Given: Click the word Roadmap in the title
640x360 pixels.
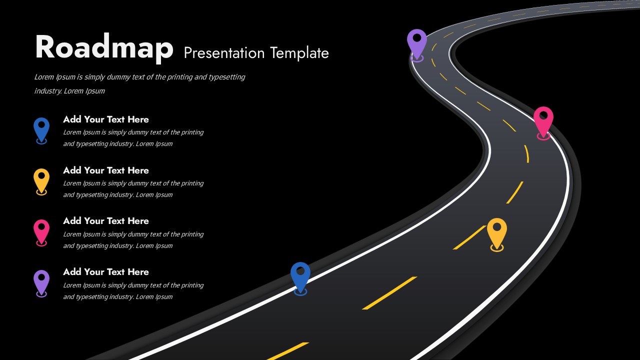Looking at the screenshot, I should [104, 47].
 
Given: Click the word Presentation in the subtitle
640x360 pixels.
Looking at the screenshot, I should [224, 53].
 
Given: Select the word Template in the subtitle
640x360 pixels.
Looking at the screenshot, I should [299, 53].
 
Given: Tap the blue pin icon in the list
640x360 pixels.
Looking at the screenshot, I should [41, 128].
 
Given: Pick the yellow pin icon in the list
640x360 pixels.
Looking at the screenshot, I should [41, 179].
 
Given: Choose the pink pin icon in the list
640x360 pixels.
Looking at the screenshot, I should [41, 230].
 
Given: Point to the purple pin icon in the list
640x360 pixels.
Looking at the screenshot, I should [41, 281].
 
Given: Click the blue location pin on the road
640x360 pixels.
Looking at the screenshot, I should [300, 275].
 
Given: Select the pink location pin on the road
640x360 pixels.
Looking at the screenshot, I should [543, 120].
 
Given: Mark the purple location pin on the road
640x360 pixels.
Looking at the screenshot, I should [417, 42].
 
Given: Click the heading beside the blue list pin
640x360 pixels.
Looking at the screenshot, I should [106, 119].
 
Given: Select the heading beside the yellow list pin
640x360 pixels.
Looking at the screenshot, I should [106, 170].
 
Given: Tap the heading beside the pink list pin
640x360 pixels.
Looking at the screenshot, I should [106, 221].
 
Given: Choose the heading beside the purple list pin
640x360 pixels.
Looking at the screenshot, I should [106, 272].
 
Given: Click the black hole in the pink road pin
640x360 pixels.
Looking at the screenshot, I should [543, 115].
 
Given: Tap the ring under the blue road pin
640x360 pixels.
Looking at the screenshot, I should [300, 292].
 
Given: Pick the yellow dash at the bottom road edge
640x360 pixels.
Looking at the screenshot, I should [287, 351].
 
